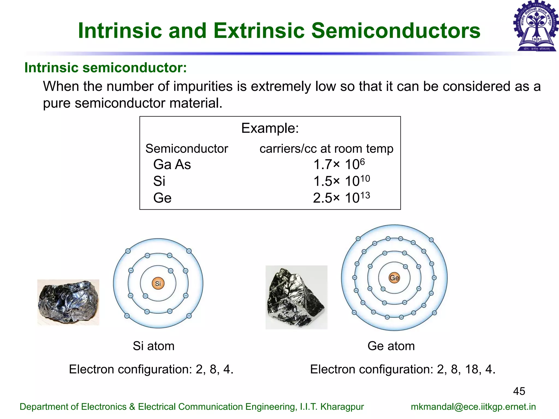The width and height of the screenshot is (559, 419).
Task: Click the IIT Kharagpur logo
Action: (536, 26)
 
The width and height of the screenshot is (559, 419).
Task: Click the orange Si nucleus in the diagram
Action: (158, 283)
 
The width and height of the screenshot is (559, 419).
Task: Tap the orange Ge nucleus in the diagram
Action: (394, 278)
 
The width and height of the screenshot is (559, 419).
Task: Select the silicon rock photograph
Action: (68, 302)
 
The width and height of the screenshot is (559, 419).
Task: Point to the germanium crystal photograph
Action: (296, 297)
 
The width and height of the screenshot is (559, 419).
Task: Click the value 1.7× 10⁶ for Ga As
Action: (339, 164)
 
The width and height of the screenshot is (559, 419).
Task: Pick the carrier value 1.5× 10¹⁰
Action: (341, 181)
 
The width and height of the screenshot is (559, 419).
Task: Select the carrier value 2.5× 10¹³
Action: (341, 198)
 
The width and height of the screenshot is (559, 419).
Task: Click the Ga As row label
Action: (172, 164)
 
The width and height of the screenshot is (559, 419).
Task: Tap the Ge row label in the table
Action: (162, 198)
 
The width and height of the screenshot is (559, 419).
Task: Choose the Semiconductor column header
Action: (187, 149)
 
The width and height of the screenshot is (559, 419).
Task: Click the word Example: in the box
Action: (270, 128)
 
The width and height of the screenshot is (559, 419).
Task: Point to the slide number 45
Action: (519, 391)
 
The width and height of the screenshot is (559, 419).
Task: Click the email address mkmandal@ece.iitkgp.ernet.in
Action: (473, 407)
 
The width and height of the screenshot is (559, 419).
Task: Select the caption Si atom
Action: (154, 346)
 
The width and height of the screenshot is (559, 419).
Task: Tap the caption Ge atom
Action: (391, 346)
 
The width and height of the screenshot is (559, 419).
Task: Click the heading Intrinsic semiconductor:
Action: (106, 68)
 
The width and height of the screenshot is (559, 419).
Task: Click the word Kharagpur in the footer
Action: (342, 407)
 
